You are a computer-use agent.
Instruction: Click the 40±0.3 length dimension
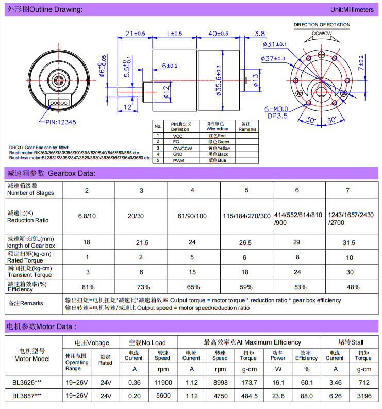point(218,34)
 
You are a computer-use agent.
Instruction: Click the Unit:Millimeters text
point(352,10)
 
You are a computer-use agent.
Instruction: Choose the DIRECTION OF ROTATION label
point(322,25)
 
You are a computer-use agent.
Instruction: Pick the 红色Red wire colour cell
point(216,136)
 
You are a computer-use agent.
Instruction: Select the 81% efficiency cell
point(87,287)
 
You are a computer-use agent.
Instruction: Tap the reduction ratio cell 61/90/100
point(193,216)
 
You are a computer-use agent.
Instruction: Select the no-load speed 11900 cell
point(162,382)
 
